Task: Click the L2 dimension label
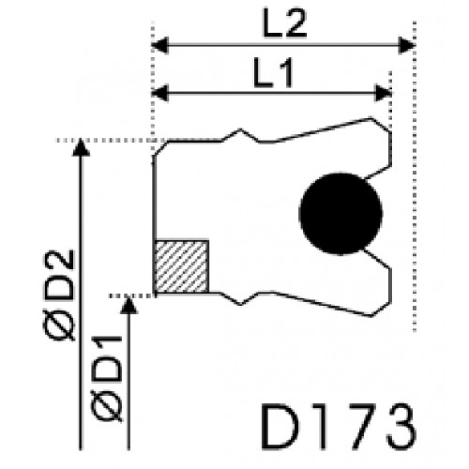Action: pyautogui.click(x=284, y=23)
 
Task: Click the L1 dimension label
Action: pyautogui.click(x=273, y=73)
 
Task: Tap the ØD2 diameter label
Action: pyautogui.click(x=59, y=295)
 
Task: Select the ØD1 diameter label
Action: pyautogui.click(x=106, y=378)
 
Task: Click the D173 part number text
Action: pyautogui.click(x=339, y=427)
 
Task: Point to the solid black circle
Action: pyautogui.click(x=340, y=214)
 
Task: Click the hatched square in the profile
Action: pyautogui.click(x=182, y=266)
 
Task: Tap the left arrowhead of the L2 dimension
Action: pyautogui.click(x=160, y=45)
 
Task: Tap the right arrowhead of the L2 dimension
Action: pyautogui.click(x=407, y=45)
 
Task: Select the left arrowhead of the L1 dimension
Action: pyautogui.click(x=160, y=93)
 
